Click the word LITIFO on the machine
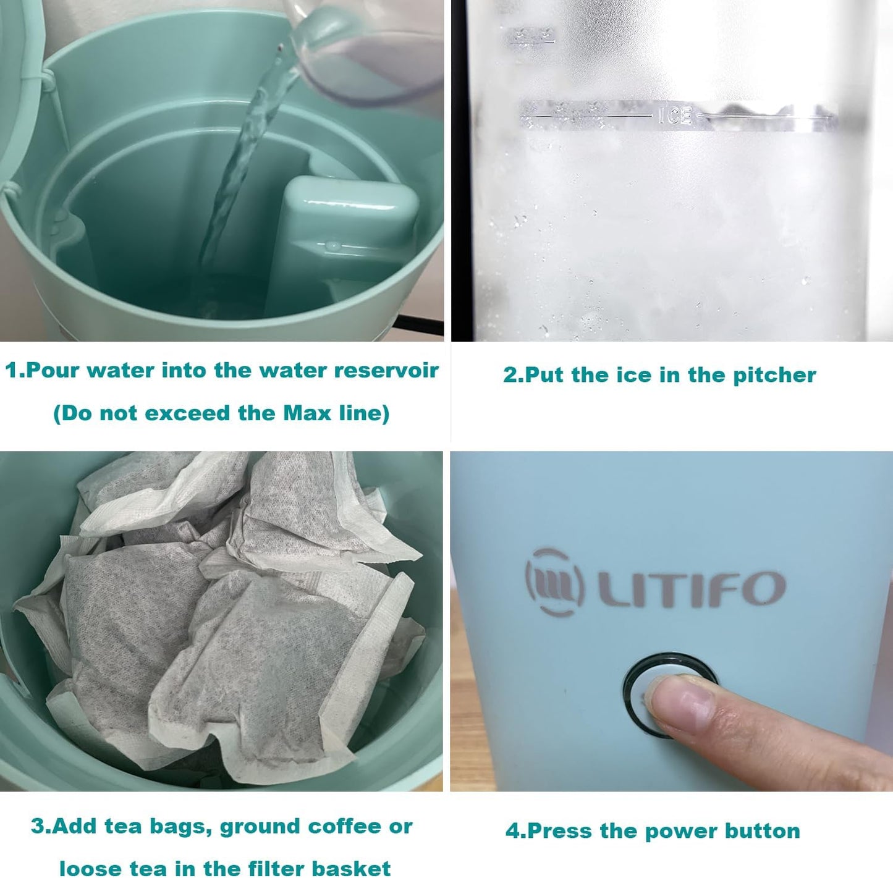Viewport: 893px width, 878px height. click(691, 588)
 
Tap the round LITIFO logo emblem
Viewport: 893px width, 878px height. click(554, 582)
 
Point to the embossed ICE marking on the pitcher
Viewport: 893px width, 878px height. click(674, 116)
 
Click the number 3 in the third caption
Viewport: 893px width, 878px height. click(38, 827)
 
